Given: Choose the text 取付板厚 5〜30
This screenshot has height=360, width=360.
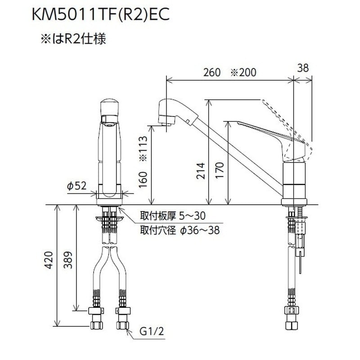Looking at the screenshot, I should (x=174, y=216).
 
